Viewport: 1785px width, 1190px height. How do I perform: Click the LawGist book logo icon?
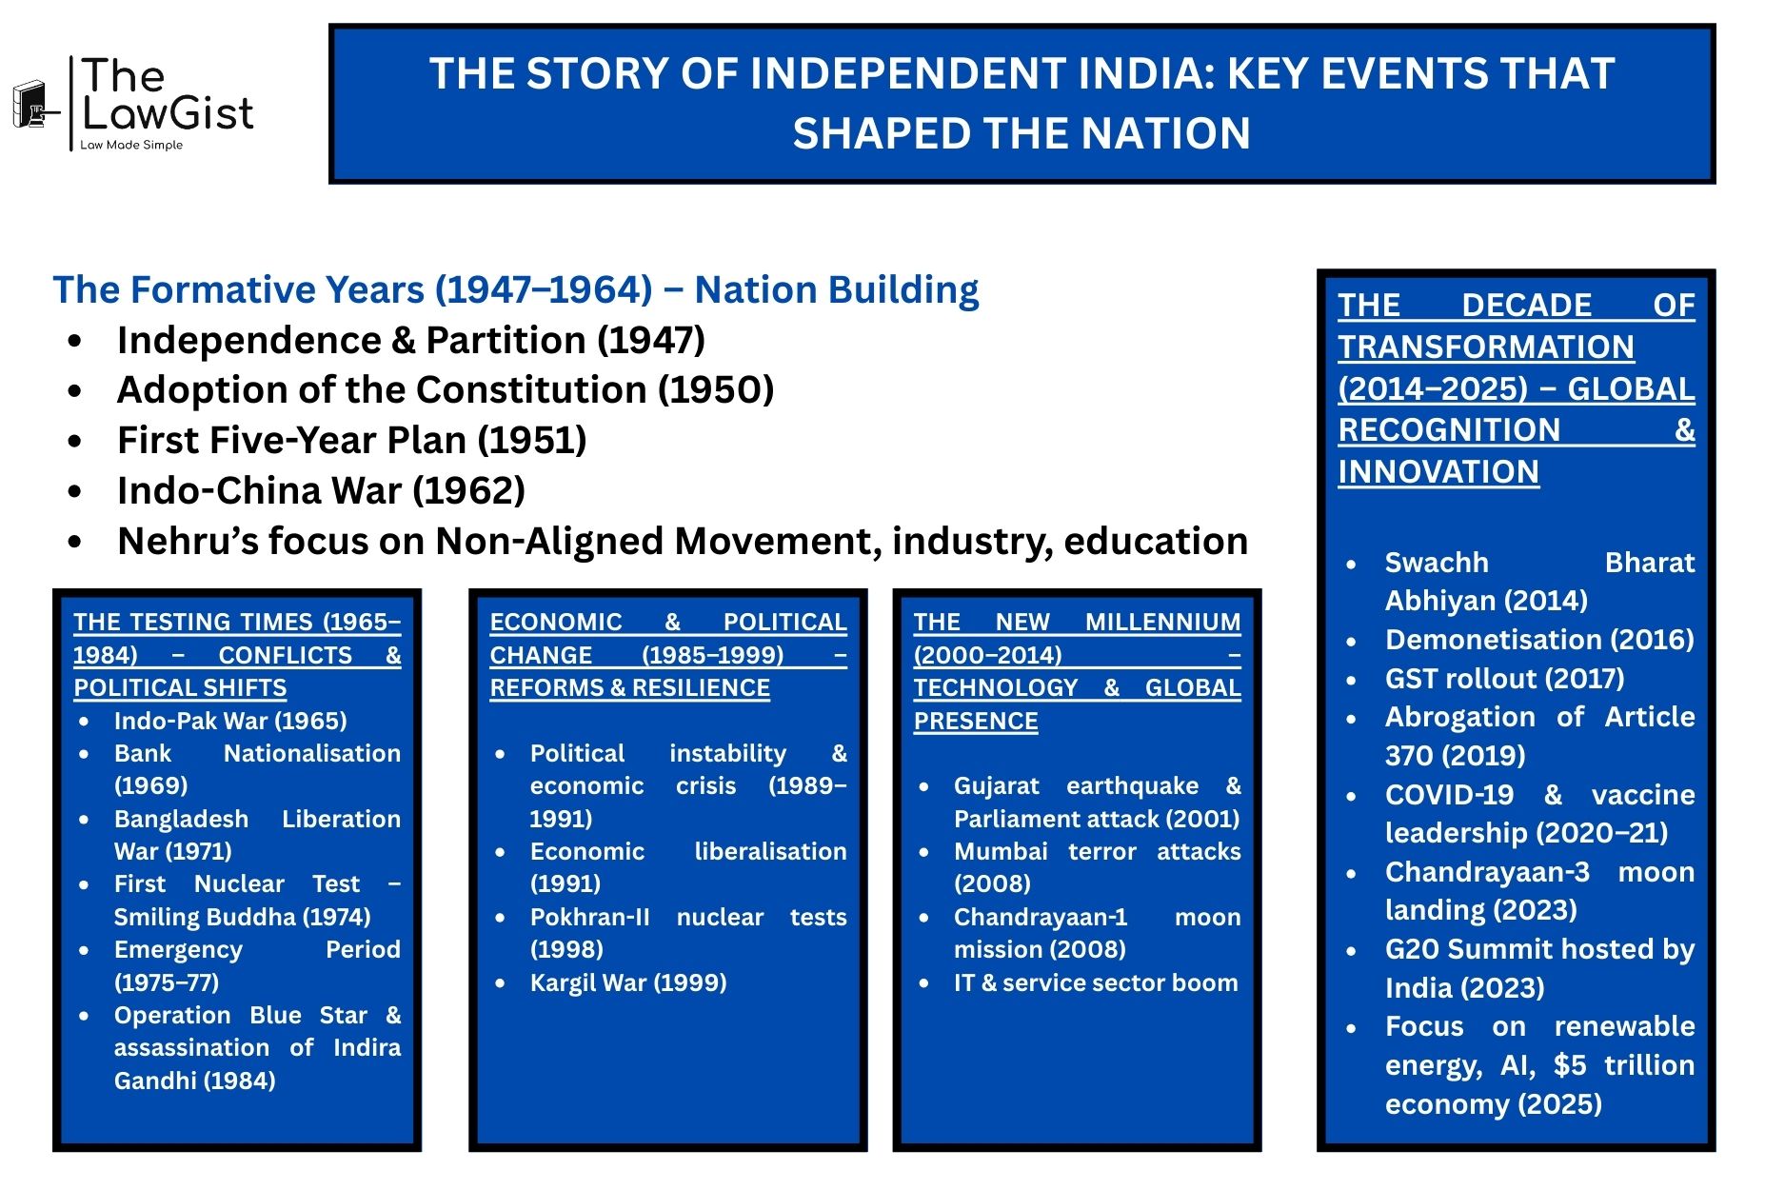[31, 104]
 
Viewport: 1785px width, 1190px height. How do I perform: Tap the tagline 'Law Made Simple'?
[131, 145]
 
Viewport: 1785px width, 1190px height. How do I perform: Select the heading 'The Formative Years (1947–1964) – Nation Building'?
[515, 289]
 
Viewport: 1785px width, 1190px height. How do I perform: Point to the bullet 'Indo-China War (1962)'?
[321, 490]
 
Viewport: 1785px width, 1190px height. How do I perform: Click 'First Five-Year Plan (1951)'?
[351, 440]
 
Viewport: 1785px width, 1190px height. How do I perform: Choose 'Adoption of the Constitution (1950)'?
[445, 389]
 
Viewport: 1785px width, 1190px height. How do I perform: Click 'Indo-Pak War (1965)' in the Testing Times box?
[230, 721]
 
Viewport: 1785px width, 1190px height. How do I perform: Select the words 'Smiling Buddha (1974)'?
[242, 917]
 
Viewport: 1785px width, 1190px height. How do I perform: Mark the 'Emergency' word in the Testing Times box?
[178, 949]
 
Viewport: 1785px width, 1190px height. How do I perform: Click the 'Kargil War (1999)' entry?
[628, 982]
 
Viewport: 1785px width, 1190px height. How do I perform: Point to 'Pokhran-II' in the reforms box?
[589, 917]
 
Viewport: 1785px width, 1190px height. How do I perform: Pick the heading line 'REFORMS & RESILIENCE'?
[629, 687]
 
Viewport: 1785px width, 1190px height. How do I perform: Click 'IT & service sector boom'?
[1096, 982]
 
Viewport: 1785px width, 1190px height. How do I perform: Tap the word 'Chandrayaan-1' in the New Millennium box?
[1041, 917]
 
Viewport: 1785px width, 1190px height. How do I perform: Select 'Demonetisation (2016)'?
[1539, 639]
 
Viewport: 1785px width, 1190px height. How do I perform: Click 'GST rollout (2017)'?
[1504, 678]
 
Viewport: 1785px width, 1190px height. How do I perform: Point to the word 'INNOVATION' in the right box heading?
[1438, 471]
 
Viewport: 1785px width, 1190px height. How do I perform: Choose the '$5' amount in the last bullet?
[1570, 1064]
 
